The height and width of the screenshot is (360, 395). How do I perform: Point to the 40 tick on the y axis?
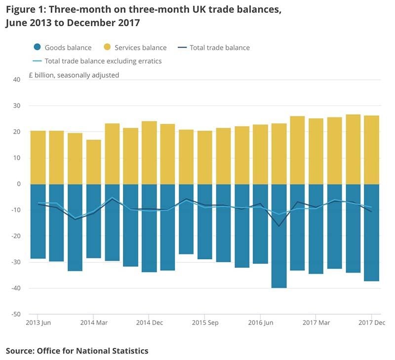tap(17, 80)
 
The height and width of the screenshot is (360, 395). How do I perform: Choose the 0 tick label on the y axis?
tap(19, 184)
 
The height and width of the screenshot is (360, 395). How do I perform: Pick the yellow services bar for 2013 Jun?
tap(38, 157)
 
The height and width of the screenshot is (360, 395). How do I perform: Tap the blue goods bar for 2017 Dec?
tap(371, 232)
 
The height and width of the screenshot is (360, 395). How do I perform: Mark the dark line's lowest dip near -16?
tap(279, 226)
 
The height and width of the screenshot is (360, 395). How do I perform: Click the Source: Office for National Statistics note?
tap(77, 351)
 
